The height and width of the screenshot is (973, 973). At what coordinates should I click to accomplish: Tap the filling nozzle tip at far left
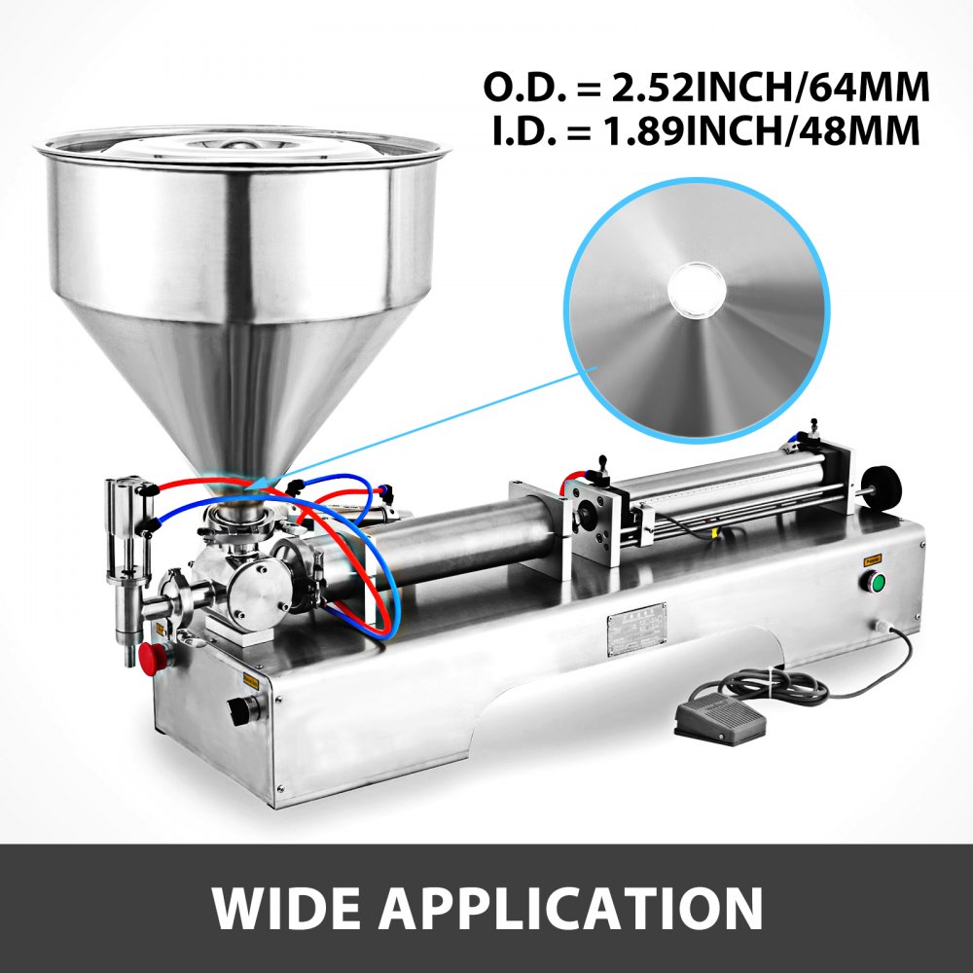point(128,654)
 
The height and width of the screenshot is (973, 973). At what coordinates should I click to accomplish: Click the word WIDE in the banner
point(292,908)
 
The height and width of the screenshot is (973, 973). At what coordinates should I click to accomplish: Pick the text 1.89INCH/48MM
point(749,131)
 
